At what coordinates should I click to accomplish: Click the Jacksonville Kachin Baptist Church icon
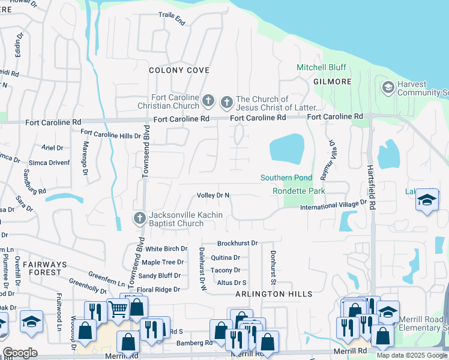[x=139, y=218]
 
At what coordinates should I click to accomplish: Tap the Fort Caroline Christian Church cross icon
[x=208, y=100]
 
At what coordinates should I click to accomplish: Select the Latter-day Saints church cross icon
[x=227, y=102]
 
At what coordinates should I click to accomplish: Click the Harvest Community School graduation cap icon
[x=388, y=88]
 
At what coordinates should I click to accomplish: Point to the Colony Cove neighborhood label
[x=179, y=70]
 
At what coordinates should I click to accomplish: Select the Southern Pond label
[x=286, y=178]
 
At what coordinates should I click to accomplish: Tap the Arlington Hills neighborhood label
[x=274, y=294]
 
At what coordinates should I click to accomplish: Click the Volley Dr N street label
[x=213, y=196]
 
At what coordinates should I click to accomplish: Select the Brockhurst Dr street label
[x=237, y=243]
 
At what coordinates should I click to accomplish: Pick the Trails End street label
[x=172, y=19]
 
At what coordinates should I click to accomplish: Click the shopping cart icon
[x=118, y=308]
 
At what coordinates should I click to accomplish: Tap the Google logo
[x=20, y=353]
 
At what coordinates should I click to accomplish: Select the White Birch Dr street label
[x=166, y=248]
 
